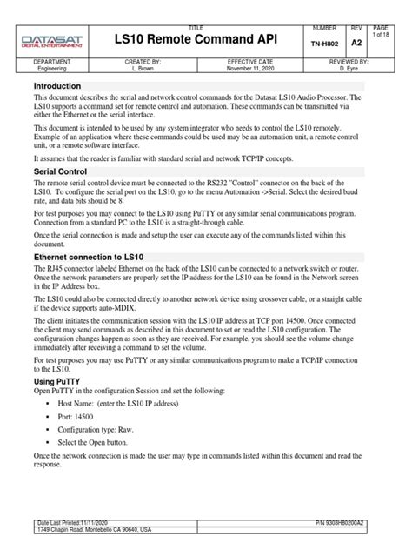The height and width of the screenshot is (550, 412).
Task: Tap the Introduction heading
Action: click(x=56, y=87)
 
